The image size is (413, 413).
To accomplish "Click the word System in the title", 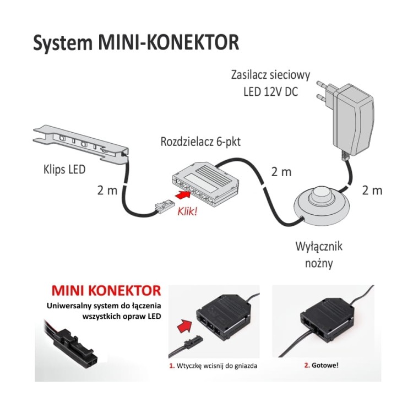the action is (x=63, y=42).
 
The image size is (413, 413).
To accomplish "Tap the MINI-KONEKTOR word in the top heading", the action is (x=169, y=42).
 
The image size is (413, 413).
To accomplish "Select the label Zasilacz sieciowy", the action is (x=270, y=75).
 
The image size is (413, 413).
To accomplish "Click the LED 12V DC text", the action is (x=270, y=92).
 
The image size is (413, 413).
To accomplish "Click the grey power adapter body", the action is (x=354, y=120).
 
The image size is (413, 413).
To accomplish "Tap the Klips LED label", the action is (x=64, y=170).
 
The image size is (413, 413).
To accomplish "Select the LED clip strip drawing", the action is (x=81, y=143).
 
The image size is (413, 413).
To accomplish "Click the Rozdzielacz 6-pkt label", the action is (x=200, y=142).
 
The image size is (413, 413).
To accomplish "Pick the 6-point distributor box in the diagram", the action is (x=205, y=184).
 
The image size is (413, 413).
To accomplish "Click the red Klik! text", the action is (x=187, y=211).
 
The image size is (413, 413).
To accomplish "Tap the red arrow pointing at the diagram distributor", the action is (x=182, y=195).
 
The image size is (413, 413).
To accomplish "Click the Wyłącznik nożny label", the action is (x=319, y=255).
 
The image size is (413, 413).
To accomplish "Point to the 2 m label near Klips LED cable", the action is (x=107, y=191).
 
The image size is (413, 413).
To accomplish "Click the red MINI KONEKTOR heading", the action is (x=106, y=290).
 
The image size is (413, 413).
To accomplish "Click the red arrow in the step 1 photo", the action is (x=186, y=327).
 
